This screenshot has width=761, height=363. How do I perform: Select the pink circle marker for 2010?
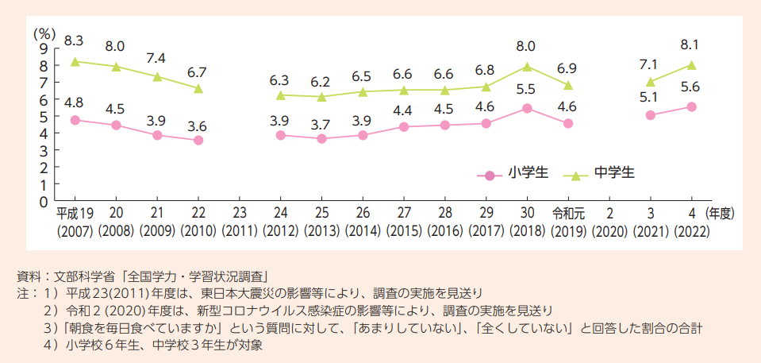tap(198, 141)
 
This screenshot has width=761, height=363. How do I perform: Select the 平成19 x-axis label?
tap(75, 214)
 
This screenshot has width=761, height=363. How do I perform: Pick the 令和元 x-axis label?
tap(568, 214)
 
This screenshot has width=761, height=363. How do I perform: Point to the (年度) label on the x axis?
tap(723, 214)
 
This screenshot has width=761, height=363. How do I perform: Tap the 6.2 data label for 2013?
tap(321, 82)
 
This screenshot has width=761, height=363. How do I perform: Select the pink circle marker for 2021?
tap(651, 115)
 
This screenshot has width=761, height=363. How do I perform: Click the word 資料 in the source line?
tap(29, 277)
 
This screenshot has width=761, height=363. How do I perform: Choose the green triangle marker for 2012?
tap(281, 95)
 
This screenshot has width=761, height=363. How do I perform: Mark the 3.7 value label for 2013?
tap(321, 125)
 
